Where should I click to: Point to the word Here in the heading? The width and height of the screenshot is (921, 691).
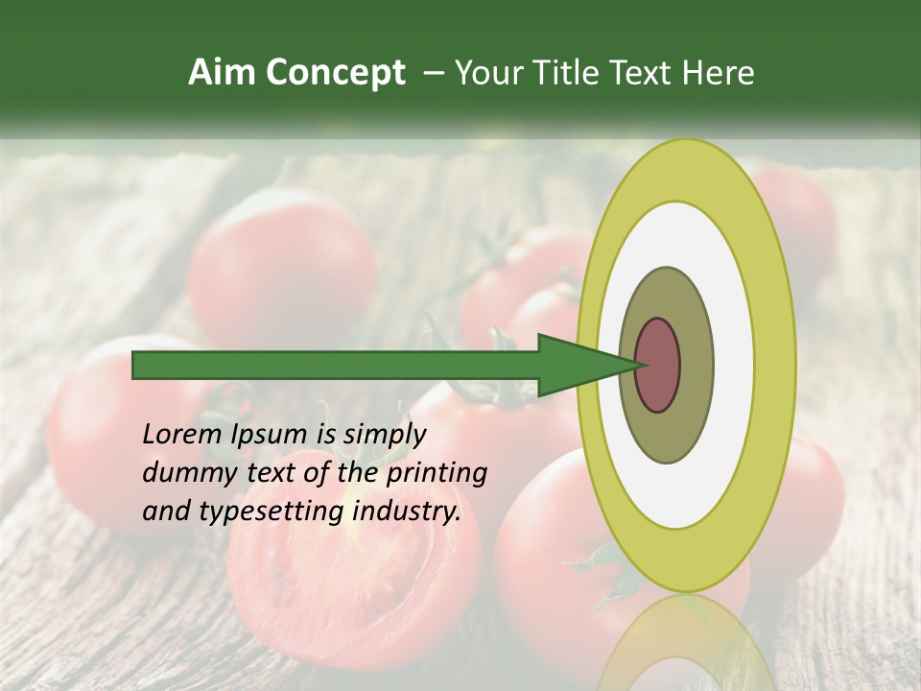[719, 73]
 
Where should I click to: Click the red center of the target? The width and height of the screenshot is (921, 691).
[658, 365]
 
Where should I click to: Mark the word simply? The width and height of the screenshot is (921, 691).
[384, 435]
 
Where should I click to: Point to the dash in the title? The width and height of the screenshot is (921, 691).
[433, 73]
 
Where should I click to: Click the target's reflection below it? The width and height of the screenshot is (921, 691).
[686, 643]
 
